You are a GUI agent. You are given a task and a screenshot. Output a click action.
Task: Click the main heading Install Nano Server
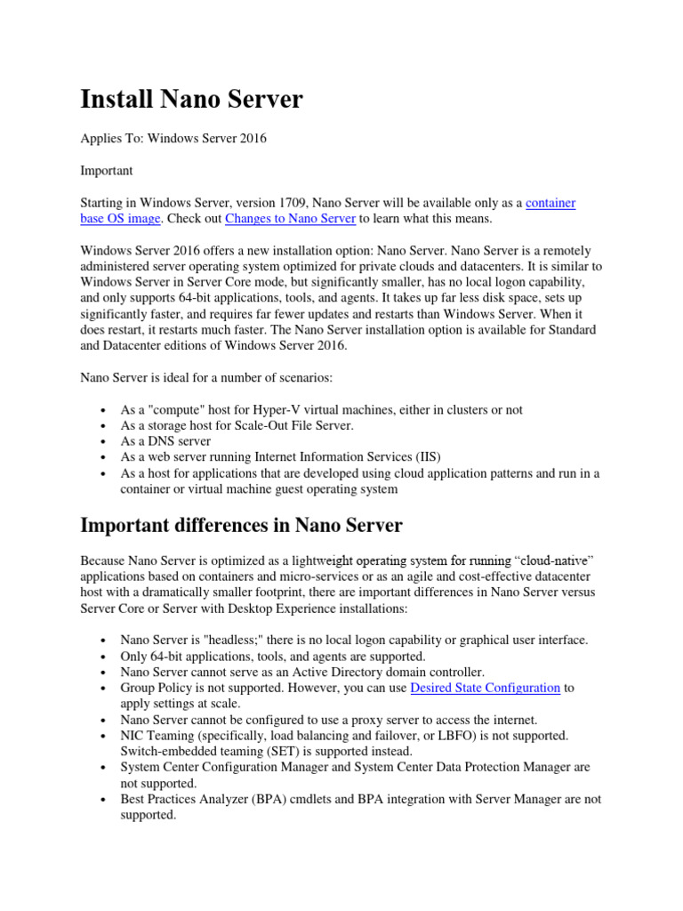coord(191,100)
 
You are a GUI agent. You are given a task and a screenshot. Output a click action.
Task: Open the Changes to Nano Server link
coord(290,218)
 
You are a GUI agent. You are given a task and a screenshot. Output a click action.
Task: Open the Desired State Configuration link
coord(486,688)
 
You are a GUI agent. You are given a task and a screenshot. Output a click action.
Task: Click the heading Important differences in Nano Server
coord(241,526)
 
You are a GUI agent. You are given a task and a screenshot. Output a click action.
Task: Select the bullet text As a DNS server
coord(165,441)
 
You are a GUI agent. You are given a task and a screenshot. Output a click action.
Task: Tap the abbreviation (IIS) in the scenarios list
coord(423,457)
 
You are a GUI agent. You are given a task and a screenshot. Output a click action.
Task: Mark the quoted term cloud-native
coord(554,560)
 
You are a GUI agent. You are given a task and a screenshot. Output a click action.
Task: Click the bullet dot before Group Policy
coord(105,689)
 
